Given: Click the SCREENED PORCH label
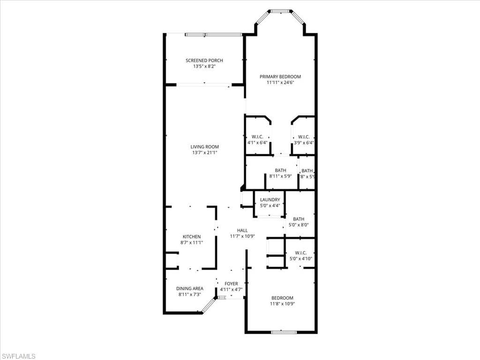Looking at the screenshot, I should coord(204,60).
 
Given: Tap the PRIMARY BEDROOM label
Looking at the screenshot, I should coord(280,76).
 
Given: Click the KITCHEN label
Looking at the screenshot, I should coord(192,237).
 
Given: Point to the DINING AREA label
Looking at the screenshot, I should coord(189,289).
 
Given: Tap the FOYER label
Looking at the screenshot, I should coord(231,284).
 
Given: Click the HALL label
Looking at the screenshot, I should coord(242,230).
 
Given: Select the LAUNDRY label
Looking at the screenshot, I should coord(270,200).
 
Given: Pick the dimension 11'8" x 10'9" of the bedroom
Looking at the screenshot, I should coord(282,304).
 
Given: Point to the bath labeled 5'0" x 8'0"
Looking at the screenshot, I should coord(299,222).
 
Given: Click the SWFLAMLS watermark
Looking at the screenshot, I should coord(18,356).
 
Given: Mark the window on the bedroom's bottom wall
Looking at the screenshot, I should coord(284,332).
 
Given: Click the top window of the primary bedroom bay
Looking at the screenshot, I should coord(281,10).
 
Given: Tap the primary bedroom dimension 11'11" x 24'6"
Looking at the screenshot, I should coord(280,82).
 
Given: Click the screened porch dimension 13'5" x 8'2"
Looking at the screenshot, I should coord(204,67).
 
